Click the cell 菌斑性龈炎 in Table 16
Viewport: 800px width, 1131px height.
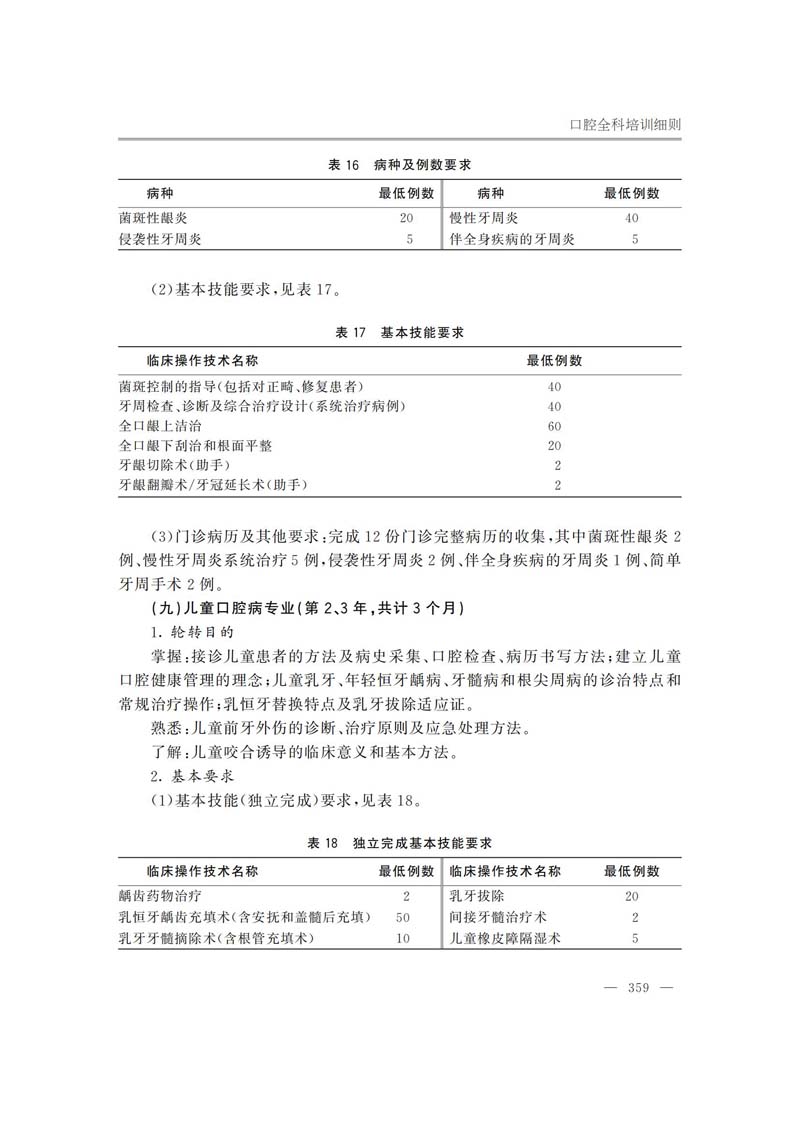pyautogui.click(x=153, y=217)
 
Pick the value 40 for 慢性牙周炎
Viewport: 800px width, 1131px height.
pyautogui.click(x=631, y=217)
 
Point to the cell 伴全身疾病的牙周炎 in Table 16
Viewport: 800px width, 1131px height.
pyautogui.click(x=512, y=239)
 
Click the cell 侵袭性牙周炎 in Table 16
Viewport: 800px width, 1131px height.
pyautogui.click(x=160, y=239)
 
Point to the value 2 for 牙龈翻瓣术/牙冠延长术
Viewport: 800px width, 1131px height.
pyautogui.click(x=557, y=486)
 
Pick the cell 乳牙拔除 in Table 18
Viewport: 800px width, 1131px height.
pyautogui.click(x=477, y=896)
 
